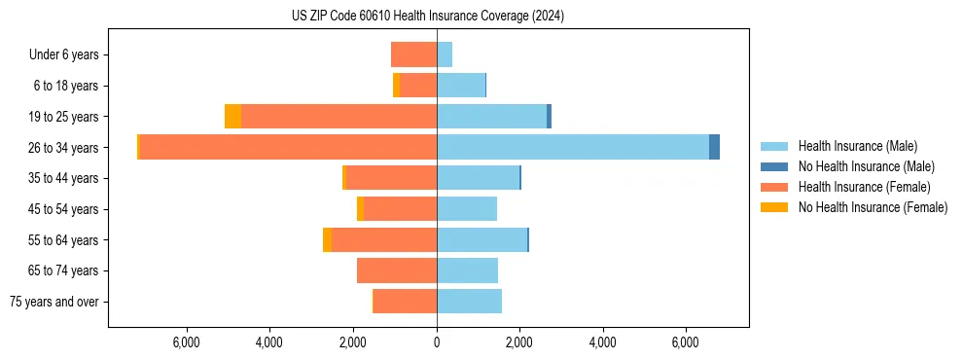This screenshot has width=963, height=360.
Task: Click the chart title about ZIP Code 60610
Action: pos(428,17)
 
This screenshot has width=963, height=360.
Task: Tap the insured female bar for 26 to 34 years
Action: pos(288,147)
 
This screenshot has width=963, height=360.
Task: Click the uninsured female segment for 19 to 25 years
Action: pos(232,117)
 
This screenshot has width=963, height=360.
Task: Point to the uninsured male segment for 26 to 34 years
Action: pos(714,147)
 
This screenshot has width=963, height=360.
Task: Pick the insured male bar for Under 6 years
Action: pos(445,54)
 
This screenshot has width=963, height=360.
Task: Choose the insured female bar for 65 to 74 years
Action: pos(397,270)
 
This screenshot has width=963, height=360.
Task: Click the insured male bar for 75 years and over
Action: pos(469,302)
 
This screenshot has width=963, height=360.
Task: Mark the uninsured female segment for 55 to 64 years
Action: pos(327,240)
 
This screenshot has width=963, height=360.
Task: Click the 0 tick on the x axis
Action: pos(437,342)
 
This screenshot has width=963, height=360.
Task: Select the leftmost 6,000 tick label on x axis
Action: pos(186,342)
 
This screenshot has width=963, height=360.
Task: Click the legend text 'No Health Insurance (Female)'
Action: pos(873,207)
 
